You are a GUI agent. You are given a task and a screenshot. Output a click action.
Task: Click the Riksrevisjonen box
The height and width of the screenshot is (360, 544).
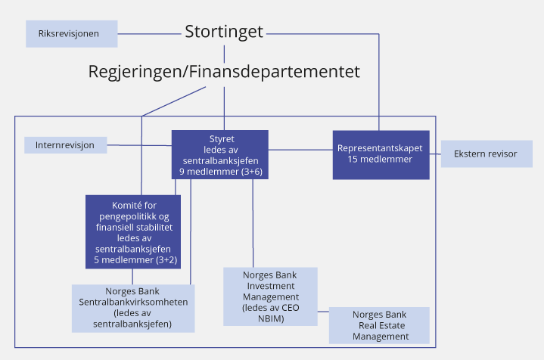72,33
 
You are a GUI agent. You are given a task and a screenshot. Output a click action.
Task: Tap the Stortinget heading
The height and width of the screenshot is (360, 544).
224,32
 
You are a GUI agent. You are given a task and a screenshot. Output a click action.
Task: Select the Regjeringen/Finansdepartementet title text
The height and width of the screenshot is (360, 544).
224,72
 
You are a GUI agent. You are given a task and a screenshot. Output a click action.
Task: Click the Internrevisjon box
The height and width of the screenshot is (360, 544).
65,144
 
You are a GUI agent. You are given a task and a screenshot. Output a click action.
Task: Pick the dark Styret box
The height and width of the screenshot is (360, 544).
219,154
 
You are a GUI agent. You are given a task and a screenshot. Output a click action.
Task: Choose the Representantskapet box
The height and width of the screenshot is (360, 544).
380,154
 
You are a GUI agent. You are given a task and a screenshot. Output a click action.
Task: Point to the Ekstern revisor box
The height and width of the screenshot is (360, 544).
486,154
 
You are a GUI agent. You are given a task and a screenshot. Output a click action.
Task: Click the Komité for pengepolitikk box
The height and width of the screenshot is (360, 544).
133,231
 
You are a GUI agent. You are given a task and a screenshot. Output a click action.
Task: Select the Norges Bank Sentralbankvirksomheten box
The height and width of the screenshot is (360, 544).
133,308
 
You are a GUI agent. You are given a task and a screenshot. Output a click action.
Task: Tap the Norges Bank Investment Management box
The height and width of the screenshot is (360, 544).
270,296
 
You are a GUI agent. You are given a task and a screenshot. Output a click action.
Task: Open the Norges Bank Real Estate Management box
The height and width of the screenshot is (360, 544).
379,325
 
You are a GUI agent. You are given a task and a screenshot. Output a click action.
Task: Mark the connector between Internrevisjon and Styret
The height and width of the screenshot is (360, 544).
139,144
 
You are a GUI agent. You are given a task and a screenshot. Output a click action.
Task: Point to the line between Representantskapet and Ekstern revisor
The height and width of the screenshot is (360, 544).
435,154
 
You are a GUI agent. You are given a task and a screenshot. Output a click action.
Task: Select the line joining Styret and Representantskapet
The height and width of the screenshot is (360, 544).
300,150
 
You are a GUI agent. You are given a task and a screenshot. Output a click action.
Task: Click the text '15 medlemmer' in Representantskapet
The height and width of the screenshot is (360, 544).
380,160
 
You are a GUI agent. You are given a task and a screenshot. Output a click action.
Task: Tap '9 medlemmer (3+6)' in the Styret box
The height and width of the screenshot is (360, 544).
219,172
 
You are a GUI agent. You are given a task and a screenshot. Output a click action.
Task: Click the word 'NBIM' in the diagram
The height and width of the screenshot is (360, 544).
270,318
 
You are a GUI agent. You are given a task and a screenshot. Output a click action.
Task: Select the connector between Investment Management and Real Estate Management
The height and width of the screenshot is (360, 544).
323,310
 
